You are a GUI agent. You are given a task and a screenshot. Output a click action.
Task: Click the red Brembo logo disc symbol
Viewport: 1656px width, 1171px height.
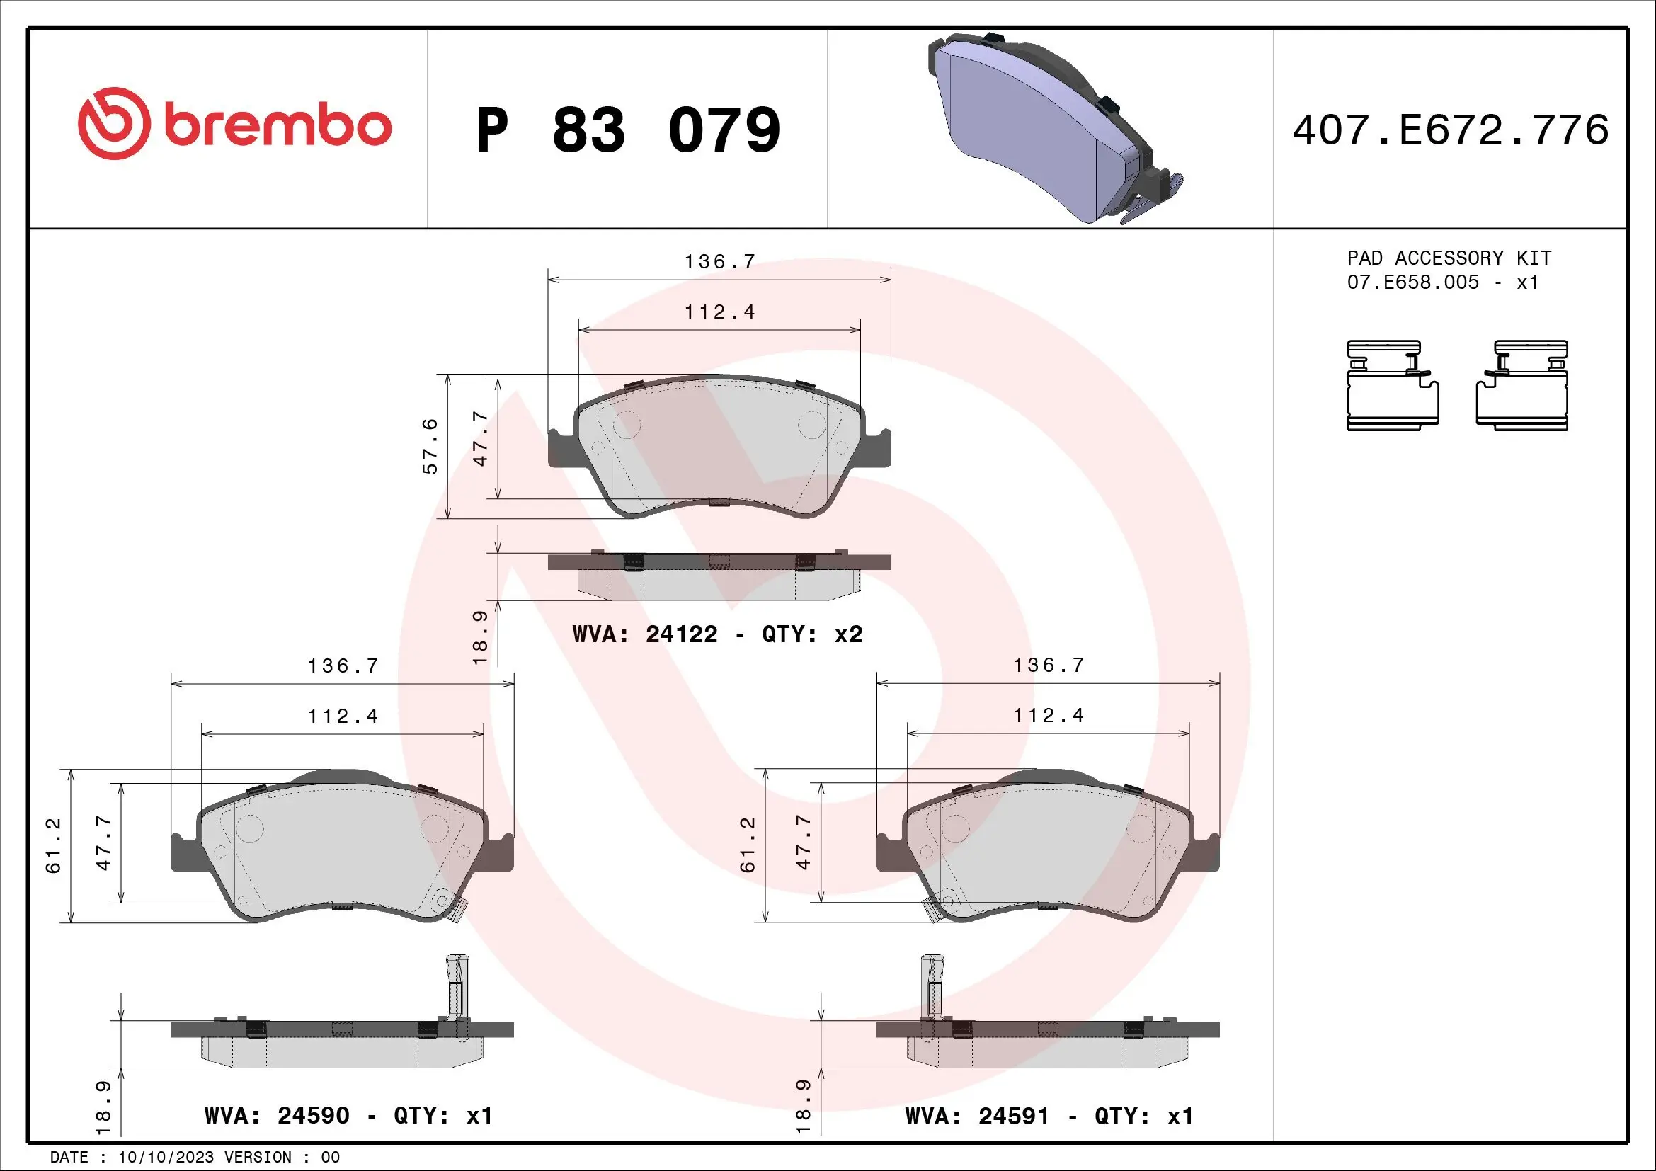[115, 124]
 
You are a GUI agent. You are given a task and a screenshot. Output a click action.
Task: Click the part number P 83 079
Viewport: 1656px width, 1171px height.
[627, 130]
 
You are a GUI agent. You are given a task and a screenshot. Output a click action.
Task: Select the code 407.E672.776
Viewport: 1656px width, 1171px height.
[1450, 130]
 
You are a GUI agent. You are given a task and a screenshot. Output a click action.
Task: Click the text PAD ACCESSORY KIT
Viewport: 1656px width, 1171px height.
[1449, 258]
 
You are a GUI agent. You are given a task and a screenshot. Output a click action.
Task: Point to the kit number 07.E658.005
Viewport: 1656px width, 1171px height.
[1412, 282]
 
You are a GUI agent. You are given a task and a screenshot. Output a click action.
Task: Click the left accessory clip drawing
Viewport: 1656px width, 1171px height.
[1392, 387]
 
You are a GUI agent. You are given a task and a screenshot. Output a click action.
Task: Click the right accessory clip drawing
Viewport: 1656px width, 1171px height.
[1522, 387]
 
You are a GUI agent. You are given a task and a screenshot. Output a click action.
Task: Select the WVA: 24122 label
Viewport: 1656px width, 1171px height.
[645, 634]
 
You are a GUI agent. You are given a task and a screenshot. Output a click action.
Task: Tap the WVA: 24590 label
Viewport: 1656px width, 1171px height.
[277, 1116]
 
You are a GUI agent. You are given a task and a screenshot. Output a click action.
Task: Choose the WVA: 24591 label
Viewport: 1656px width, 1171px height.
[977, 1116]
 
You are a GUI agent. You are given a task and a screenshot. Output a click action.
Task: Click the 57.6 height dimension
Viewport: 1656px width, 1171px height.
[430, 445]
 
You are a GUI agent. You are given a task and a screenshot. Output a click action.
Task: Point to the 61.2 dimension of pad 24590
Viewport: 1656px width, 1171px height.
[54, 845]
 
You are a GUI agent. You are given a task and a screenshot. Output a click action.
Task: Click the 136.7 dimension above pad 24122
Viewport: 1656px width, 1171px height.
[719, 262]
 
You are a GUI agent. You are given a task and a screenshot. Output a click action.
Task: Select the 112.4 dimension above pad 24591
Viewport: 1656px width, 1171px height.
[1048, 715]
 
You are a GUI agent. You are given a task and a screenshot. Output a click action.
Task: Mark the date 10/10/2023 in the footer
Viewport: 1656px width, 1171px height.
[166, 1158]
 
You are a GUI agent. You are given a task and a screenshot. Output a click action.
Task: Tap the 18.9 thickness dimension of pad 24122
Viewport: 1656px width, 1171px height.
[480, 637]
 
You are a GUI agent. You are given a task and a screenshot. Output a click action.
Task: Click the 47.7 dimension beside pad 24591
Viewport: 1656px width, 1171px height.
[803, 842]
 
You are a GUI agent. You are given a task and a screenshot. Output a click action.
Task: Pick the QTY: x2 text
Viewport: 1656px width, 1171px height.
[812, 634]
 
